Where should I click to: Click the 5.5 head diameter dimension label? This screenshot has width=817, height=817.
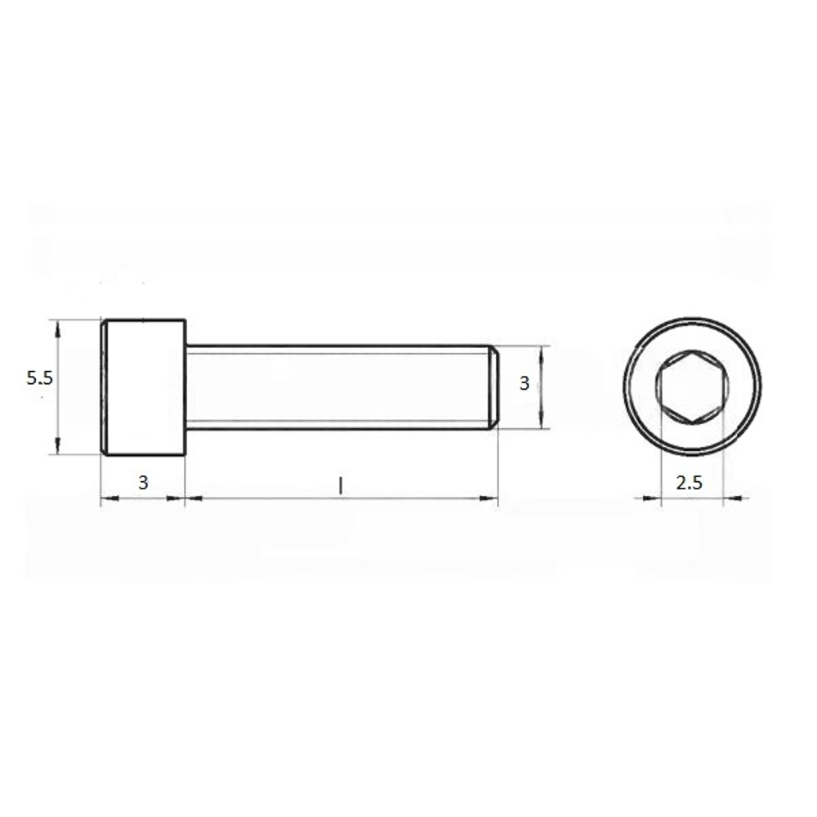(x=39, y=377)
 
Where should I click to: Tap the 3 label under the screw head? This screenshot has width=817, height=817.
(x=143, y=483)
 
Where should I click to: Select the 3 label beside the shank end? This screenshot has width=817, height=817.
(x=525, y=383)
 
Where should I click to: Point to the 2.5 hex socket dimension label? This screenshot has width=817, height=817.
(x=690, y=483)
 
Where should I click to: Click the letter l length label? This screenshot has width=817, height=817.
(x=341, y=486)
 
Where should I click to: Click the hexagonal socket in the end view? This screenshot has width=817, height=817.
(x=693, y=386)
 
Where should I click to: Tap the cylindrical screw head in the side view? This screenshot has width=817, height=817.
(x=143, y=387)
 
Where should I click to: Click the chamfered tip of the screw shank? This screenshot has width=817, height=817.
(x=494, y=387)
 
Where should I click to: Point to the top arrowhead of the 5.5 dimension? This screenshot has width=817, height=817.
(x=58, y=329)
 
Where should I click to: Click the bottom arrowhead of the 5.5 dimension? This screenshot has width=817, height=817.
(x=58, y=445)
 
